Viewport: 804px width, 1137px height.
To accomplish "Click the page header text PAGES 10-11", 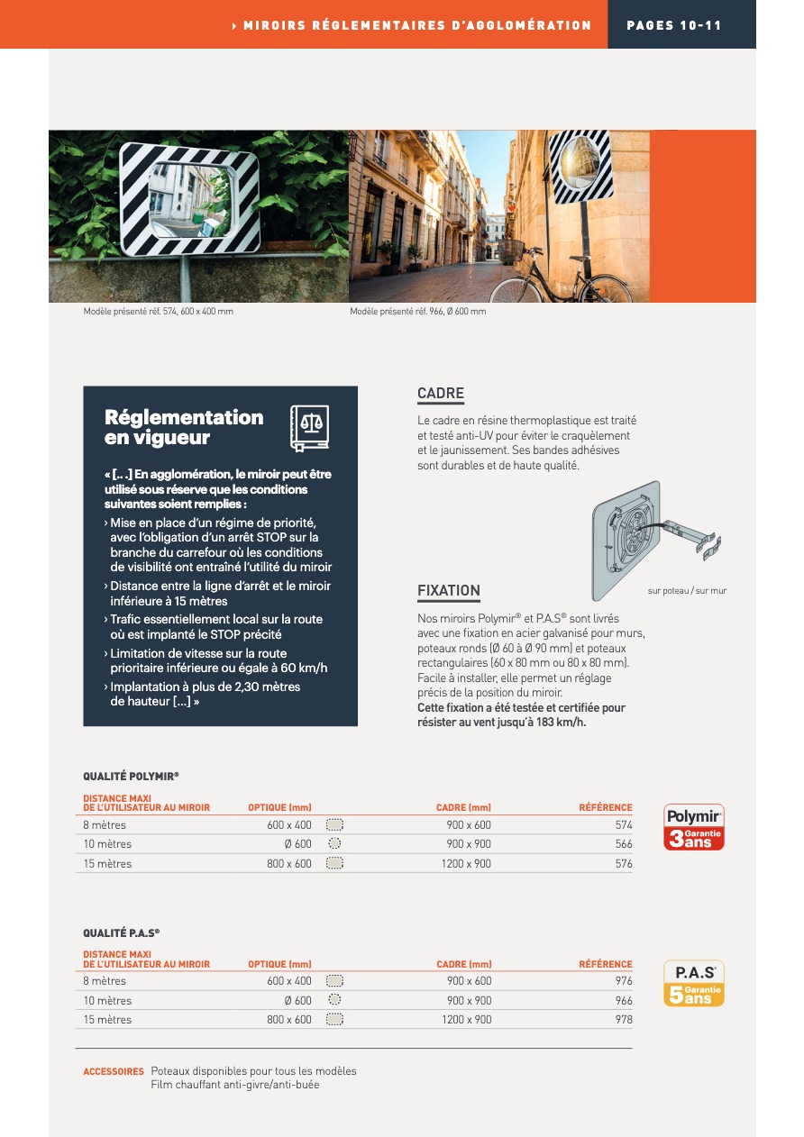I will click(674, 25).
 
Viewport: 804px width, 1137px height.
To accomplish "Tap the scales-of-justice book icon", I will click(309, 428).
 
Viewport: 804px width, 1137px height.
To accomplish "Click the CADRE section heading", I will click(441, 394).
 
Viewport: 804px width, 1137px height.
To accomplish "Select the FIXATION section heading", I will click(449, 591).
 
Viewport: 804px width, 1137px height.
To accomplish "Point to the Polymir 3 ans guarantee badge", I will click(694, 827).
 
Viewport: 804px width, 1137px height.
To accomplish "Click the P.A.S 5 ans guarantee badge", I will click(694, 984).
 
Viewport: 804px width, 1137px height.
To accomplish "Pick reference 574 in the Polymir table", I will click(624, 824).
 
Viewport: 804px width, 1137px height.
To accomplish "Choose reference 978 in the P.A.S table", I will click(624, 1020).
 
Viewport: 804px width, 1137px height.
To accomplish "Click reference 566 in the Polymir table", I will click(624, 844).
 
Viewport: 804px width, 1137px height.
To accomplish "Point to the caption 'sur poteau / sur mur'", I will click(687, 591).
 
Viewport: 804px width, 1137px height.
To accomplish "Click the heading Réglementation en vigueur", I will click(184, 428).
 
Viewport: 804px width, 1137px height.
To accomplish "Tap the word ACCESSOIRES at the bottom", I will click(114, 1071).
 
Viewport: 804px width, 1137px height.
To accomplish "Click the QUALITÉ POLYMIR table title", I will click(131, 776).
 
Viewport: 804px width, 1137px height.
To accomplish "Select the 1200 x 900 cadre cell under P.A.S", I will click(467, 1020).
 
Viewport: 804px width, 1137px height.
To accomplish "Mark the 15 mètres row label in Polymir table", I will click(107, 864).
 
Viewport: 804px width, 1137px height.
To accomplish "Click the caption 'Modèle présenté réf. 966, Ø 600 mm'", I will click(418, 312).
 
